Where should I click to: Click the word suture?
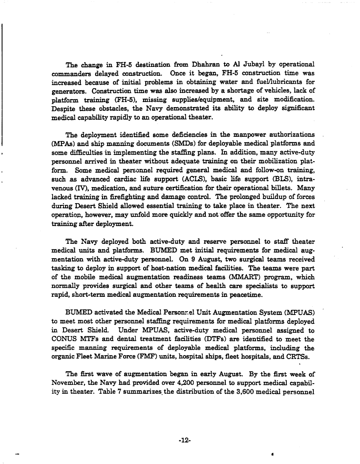[139, 182]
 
